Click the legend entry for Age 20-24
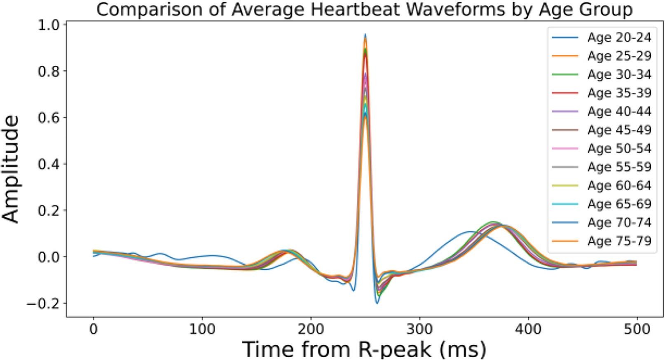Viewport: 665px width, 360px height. [619, 37]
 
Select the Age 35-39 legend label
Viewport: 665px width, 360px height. [619, 93]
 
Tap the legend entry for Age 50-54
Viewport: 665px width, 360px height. [619, 148]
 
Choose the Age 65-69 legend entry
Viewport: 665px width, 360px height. [619, 204]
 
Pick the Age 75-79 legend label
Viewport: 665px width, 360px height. [619, 241]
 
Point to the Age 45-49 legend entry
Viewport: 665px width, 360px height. [619, 130]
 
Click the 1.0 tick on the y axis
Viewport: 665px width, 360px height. [49, 25]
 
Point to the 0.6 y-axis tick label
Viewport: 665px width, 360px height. [49, 118]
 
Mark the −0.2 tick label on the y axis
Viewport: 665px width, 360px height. [43, 304]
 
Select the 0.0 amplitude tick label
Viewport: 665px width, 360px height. [49, 257]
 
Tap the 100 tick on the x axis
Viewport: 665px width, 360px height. [202, 330]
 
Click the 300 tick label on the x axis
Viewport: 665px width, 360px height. [419, 330]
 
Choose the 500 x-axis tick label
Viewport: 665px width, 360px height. [637, 330]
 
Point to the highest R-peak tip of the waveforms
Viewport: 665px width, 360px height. [365, 35]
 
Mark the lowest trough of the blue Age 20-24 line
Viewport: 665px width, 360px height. [377, 304]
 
